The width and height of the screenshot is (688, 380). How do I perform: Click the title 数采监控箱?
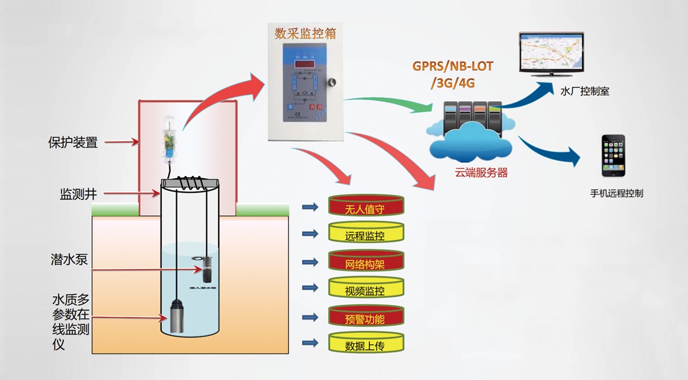305,33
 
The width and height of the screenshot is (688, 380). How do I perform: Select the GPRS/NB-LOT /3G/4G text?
453,75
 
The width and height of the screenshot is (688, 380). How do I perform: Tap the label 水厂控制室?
584,92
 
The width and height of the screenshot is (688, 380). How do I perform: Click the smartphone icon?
613,156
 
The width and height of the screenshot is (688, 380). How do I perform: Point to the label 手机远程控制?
616,193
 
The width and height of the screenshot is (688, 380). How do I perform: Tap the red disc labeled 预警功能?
365,319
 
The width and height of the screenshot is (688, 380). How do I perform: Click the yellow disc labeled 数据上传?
365,346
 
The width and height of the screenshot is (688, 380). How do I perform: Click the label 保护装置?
73,143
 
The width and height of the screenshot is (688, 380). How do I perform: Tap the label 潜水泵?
69,260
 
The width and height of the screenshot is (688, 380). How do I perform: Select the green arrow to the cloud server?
387,103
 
